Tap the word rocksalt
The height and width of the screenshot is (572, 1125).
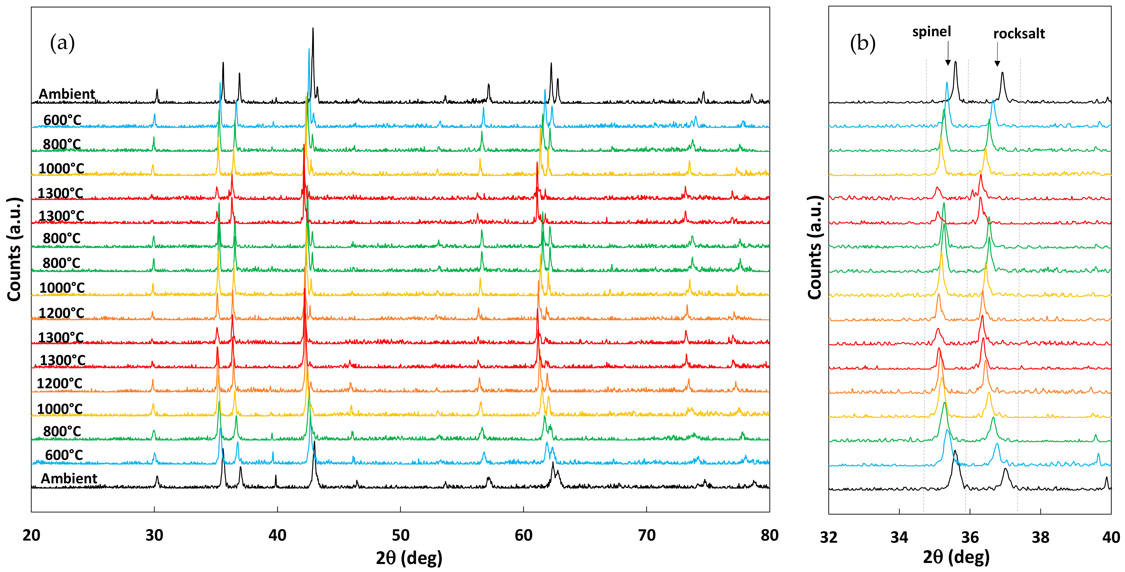(x=1019, y=34)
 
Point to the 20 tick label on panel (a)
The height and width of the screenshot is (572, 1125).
(x=31, y=535)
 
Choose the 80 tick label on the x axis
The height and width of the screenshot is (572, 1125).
(x=769, y=535)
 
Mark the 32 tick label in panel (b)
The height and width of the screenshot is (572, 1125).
(x=829, y=537)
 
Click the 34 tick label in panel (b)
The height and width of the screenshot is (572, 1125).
(x=899, y=537)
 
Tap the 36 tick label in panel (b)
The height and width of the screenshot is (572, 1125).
(x=970, y=537)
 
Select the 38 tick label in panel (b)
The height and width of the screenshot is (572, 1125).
(x=1040, y=537)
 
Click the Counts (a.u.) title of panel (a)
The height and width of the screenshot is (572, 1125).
(x=14, y=249)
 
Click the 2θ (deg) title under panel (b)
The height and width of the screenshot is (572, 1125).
(x=956, y=557)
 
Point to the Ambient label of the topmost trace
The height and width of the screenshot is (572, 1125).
(x=67, y=94)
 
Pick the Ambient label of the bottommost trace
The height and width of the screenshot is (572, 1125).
(x=69, y=479)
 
